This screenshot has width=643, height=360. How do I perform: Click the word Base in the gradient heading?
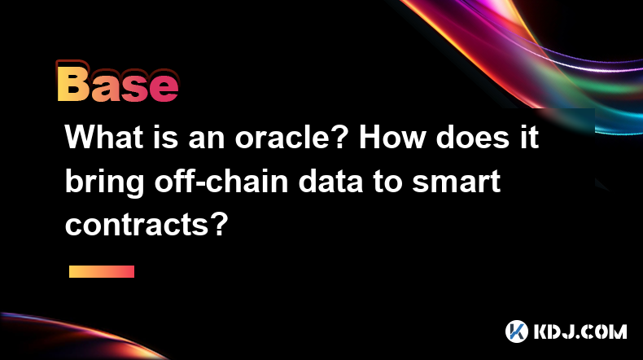tap(118, 82)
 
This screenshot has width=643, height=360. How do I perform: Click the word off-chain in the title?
tap(221, 181)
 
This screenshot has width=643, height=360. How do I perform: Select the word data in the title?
tap(330, 181)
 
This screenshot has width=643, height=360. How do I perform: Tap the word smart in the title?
tap(456, 182)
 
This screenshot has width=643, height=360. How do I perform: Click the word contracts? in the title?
tap(147, 225)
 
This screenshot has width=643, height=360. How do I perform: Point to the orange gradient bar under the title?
tap(102, 271)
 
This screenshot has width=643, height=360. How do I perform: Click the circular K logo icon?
tap(517, 331)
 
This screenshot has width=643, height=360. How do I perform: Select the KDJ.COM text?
tap(580, 331)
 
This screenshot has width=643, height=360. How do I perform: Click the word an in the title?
tap(207, 140)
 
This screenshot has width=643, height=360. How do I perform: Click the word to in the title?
tap(387, 182)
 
